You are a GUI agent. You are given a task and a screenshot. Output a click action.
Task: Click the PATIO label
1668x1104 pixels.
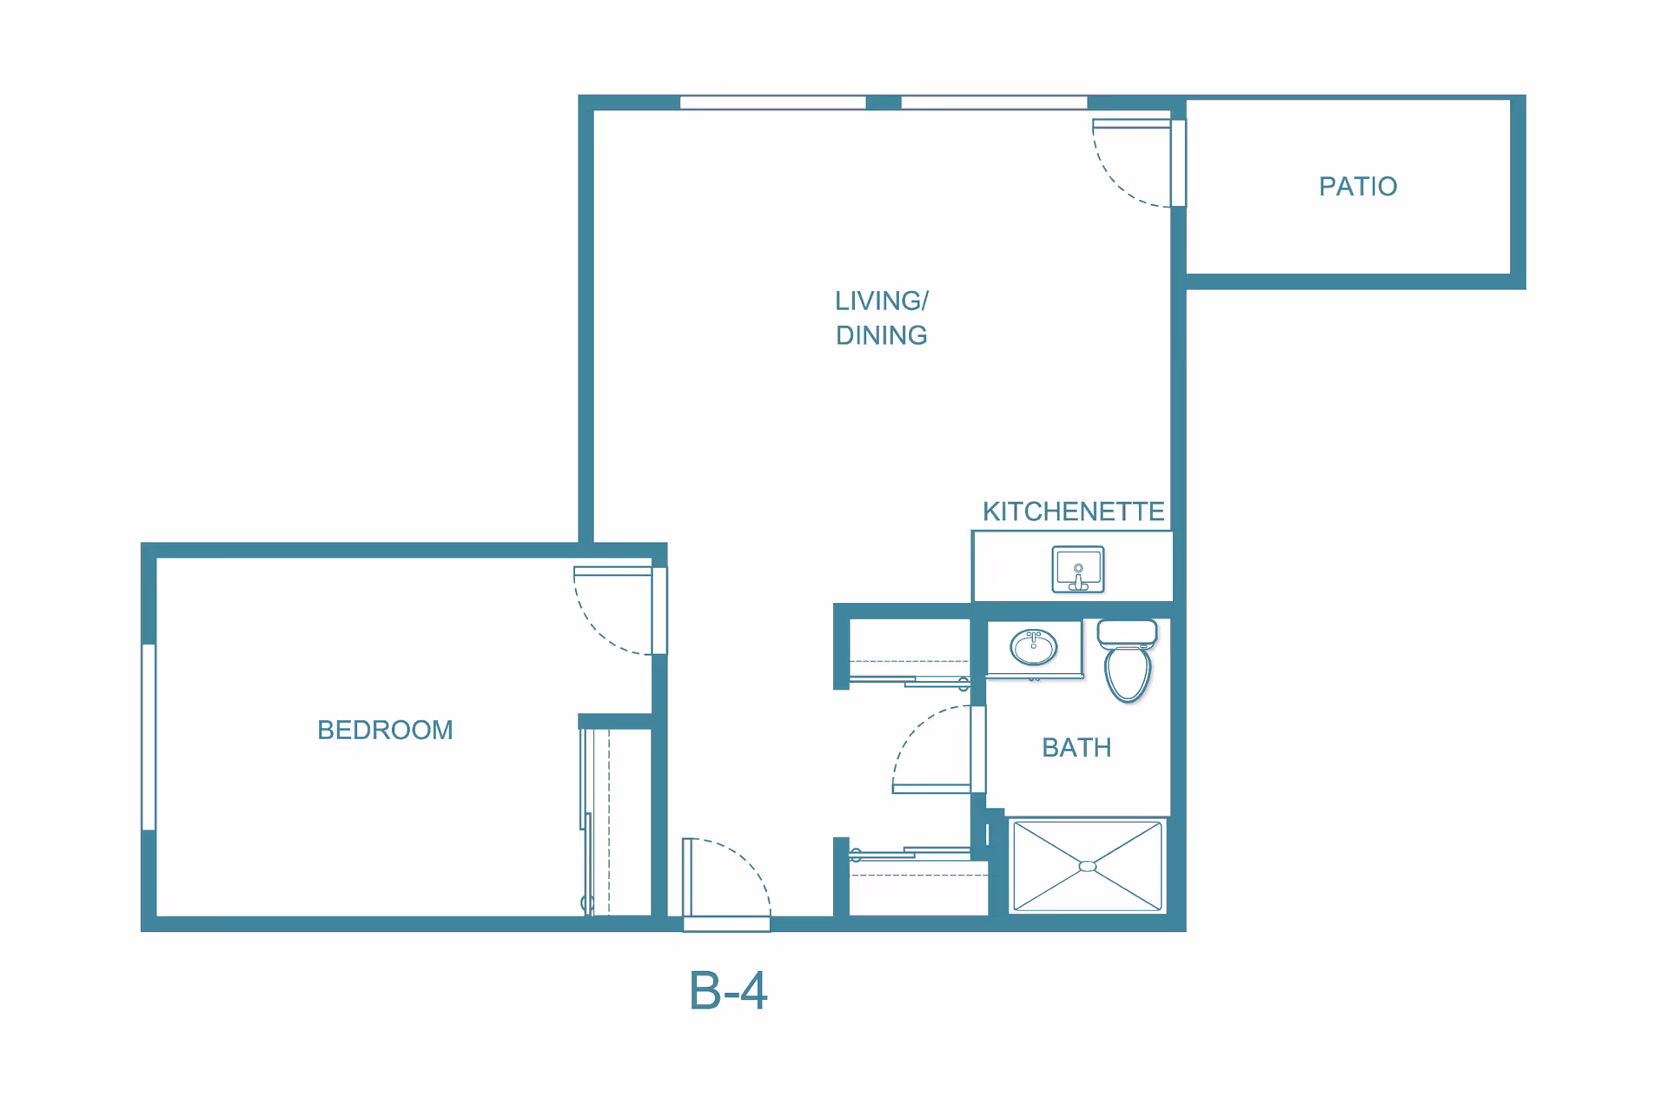(x=1358, y=187)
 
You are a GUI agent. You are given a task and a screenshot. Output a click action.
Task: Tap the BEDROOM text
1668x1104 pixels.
(x=385, y=730)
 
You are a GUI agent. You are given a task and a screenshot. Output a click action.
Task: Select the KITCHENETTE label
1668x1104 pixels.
(x=1073, y=512)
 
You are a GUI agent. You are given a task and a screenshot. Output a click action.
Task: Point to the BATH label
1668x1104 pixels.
(x=1076, y=748)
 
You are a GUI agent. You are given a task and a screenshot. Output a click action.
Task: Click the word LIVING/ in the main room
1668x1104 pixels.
(x=882, y=301)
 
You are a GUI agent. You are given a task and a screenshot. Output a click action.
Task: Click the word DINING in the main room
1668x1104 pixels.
(x=882, y=335)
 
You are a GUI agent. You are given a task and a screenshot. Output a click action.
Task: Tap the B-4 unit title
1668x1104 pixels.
(x=728, y=990)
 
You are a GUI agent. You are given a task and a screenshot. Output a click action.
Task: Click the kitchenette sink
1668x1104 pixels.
(x=1078, y=570)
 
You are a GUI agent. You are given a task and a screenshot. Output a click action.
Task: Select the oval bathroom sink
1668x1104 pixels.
(x=1033, y=647)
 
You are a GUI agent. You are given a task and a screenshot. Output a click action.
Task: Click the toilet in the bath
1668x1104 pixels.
(x=1128, y=660)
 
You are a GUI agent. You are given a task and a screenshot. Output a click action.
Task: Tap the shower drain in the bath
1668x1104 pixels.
(x=1088, y=866)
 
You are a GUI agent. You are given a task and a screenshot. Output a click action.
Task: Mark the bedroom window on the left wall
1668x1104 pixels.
(x=149, y=737)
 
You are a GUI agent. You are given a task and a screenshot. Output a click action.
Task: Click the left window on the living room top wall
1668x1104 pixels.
(x=772, y=102)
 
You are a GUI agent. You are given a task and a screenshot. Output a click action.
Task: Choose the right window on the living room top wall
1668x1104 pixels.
(x=994, y=102)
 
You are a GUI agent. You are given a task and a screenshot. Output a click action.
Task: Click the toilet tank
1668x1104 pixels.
(x=1128, y=632)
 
